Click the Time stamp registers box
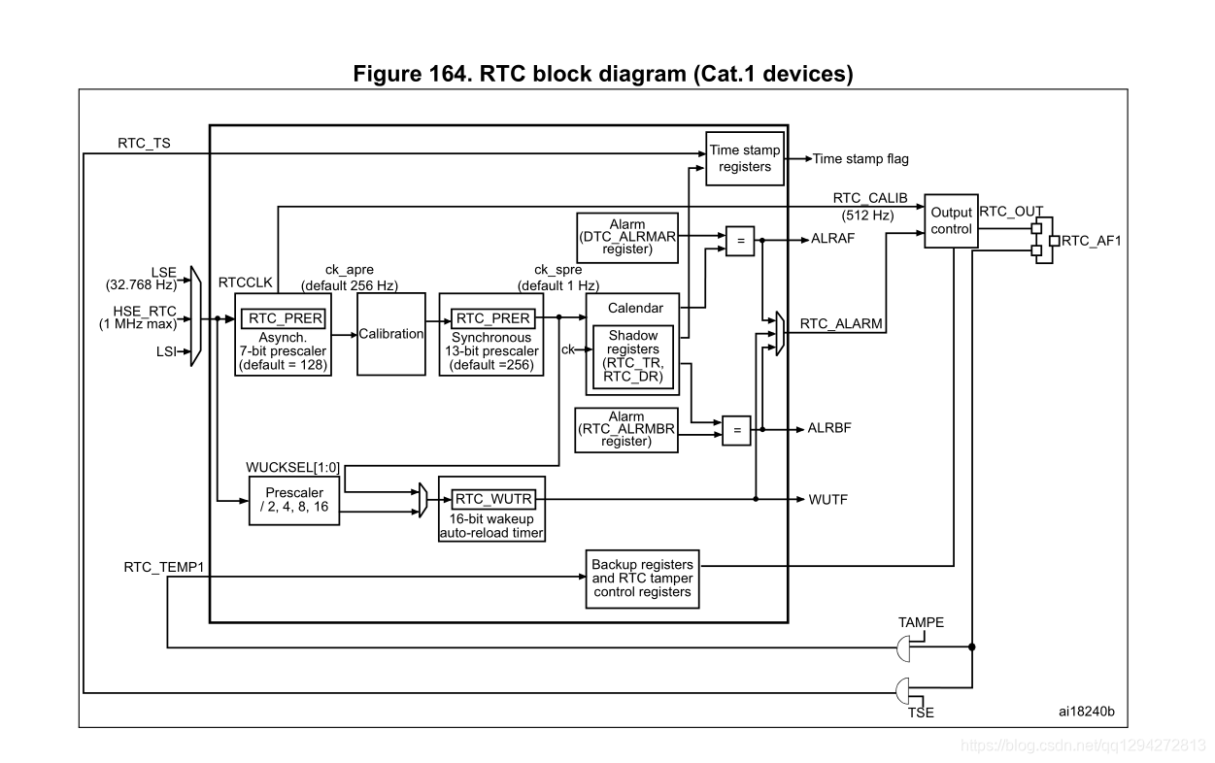point(745,157)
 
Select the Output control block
point(951,220)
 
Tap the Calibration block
point(391,333)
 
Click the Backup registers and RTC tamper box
point(642,578)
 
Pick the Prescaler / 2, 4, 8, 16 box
point(294,500)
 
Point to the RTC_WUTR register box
point(492,498)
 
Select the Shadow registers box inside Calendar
point(633,357)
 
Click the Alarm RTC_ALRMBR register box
point(625,428)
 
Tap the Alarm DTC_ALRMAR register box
point(626,236)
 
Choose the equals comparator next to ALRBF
point(736,429)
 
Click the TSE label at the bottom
point(920,713)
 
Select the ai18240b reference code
point(1086,712)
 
